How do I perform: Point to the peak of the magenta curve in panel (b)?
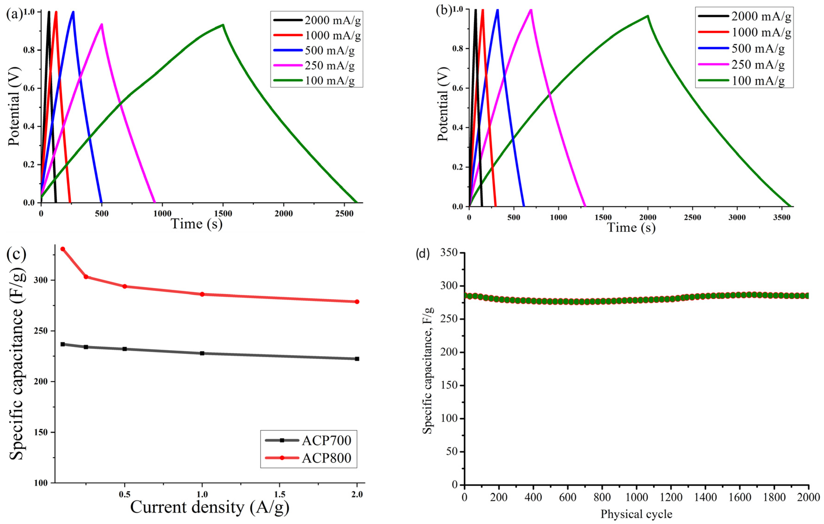tap(531, 10)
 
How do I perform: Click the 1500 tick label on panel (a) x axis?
tap(223, 214)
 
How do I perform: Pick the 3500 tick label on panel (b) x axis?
tap(782, 217)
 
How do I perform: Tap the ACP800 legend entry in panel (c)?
tap(326, 458)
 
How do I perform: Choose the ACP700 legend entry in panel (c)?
tap(326, 440)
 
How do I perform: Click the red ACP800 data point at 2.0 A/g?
tap(357, 301)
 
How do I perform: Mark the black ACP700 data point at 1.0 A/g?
tap(202, 353)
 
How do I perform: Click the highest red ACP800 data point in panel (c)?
tap(63, 249)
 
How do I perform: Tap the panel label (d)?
tap(422, 254)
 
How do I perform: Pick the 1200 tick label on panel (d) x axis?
tap(671, 497)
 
